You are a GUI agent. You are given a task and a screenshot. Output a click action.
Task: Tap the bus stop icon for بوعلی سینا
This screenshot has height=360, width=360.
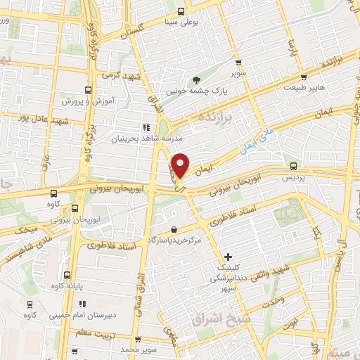click(x=181, y=11)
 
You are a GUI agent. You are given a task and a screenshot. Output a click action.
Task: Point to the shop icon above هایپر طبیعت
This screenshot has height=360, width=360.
click(x=304, y=77)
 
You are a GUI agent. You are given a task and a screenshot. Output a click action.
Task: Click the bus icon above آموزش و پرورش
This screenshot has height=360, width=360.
click(x=88, y=90)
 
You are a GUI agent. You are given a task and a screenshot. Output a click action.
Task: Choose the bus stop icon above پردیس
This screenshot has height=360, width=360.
click(x=293, y=167)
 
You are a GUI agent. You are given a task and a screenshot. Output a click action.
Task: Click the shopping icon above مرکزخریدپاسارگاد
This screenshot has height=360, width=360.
click(x=174, y=229)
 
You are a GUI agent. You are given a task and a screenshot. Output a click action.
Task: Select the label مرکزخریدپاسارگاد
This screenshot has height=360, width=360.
click(x=174, y=240)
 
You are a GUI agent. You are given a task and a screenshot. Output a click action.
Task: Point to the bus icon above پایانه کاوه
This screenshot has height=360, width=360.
click(x=67, y=275)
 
